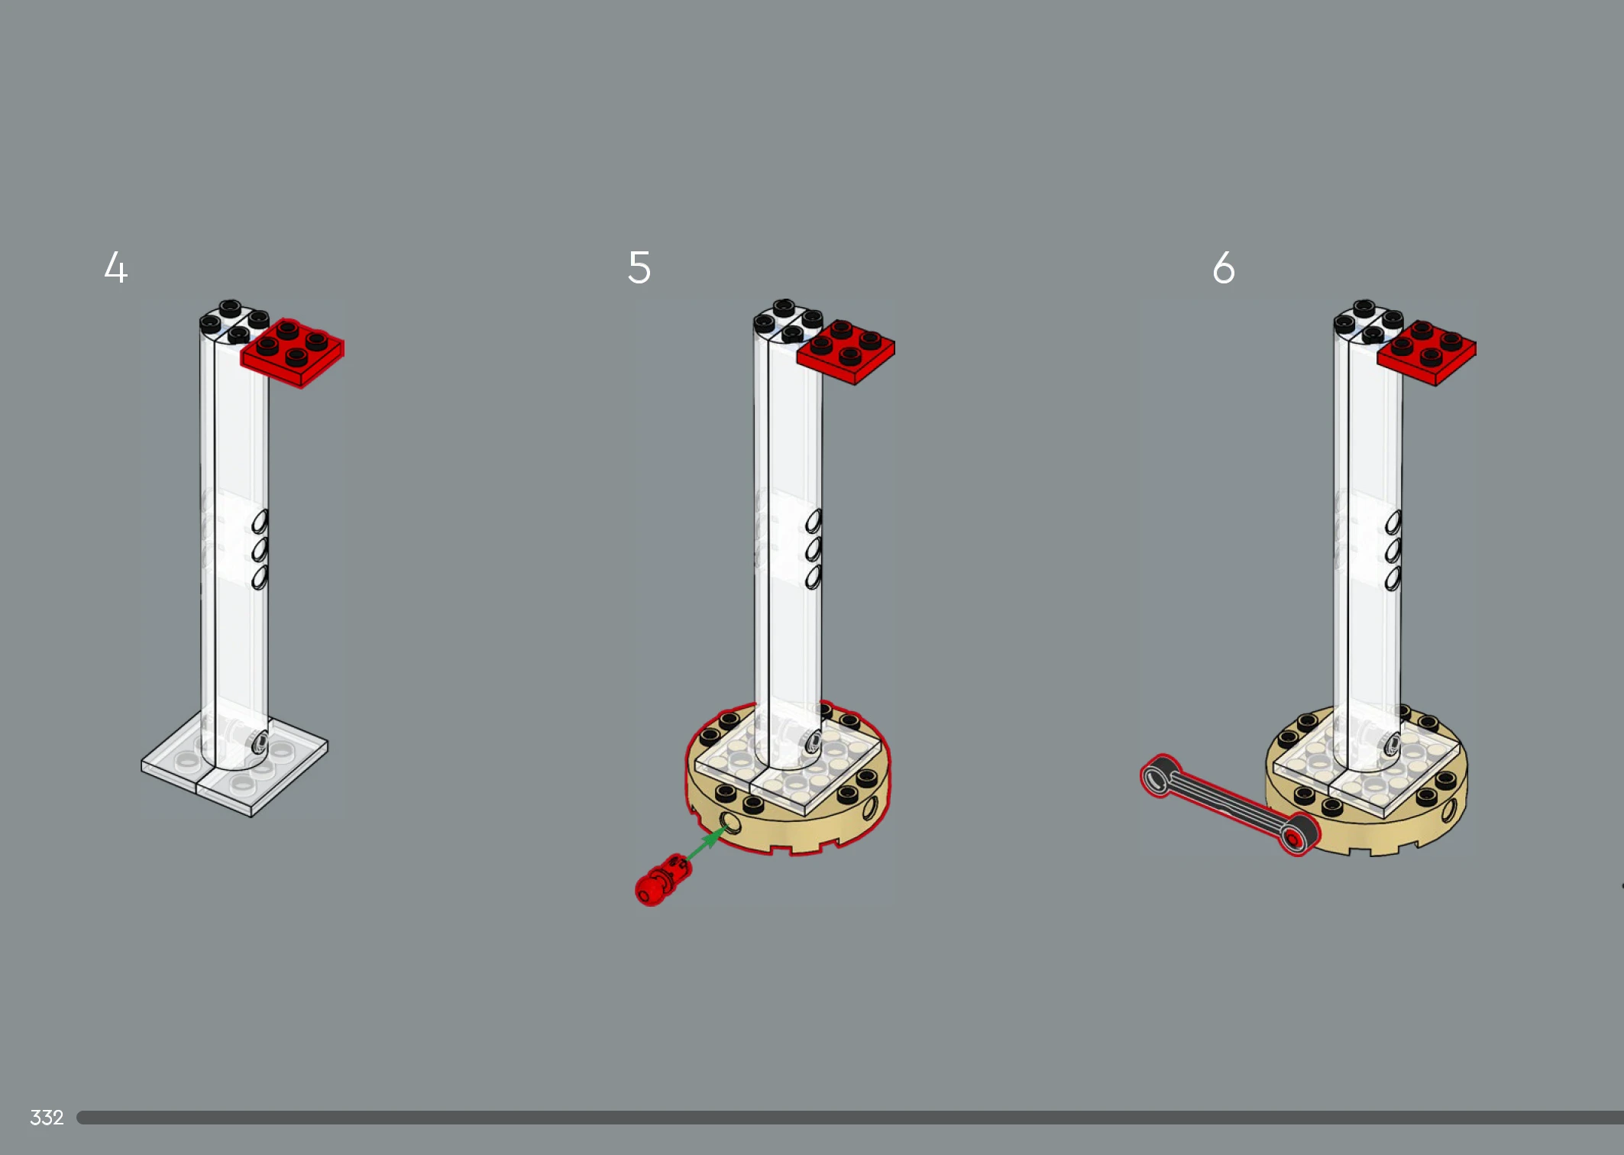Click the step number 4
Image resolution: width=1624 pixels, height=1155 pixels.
tap(115, 267)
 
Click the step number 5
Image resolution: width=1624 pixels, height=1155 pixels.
tap(639, 267)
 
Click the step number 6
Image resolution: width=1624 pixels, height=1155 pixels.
tap(1224, 267)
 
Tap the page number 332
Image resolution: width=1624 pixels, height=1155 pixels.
tap(47, 1118)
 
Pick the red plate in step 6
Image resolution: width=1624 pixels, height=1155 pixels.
tap(1426, 353)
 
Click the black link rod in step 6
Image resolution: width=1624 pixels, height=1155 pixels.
tap(1229, 805)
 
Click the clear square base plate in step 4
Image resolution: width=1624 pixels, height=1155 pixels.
tap(235, 764)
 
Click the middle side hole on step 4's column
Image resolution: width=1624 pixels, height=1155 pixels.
tap(260, 549)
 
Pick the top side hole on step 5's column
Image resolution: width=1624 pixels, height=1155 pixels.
tap(814, 522)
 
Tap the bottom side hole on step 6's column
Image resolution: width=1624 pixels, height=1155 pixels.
tap(1393, 578)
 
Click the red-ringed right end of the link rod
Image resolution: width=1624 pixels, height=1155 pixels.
tap(1296, 836)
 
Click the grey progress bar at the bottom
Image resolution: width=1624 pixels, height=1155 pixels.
tap(850, 1118)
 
